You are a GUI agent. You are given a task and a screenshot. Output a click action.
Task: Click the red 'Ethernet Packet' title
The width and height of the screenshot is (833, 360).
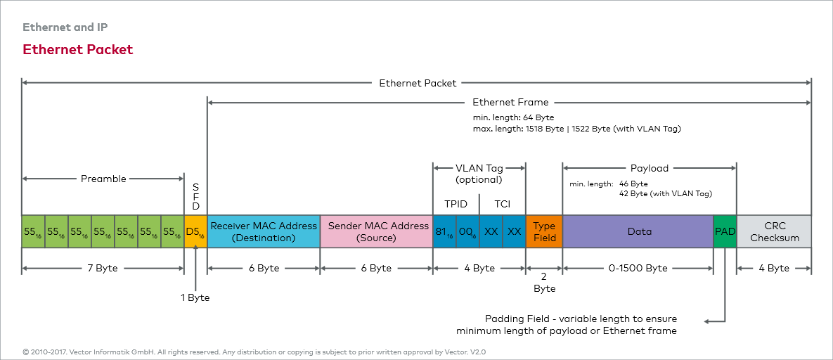coord(77,49)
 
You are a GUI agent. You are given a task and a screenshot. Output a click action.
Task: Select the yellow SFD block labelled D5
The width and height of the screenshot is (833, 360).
coord(195,231)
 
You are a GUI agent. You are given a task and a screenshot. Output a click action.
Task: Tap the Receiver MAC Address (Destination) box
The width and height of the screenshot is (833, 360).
coord(264,231)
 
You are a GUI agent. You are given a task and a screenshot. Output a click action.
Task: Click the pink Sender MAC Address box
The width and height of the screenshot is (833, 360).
coord(377,231)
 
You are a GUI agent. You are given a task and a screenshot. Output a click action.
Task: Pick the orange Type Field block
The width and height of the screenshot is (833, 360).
coord(544,231)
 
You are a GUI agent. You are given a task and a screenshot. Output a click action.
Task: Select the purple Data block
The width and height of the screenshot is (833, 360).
coord(639,231)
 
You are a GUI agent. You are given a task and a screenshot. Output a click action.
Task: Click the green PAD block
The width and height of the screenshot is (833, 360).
coord(725,231)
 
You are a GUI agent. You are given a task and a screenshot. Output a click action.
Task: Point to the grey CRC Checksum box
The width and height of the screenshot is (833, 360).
coord(774,231)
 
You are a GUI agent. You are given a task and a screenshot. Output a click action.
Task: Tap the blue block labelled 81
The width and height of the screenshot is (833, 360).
coord(444,231)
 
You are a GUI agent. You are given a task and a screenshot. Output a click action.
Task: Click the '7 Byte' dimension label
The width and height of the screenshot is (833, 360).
coord(103,268)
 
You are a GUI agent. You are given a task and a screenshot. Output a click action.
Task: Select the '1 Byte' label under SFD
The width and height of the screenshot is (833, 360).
coord(195,297)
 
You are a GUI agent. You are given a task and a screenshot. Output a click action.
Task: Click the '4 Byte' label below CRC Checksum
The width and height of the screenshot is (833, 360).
coord(773,268)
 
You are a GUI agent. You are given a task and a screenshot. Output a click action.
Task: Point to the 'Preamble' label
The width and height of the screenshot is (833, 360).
coord(103,179)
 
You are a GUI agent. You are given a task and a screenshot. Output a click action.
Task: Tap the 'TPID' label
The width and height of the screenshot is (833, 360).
coord(456,204)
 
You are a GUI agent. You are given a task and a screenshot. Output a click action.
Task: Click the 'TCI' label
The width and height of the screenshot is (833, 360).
coord(502,204)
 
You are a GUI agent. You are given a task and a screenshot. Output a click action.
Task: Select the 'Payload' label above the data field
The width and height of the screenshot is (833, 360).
coord(649,168)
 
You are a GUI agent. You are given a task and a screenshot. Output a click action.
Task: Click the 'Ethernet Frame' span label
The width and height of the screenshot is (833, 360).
coord(510,102)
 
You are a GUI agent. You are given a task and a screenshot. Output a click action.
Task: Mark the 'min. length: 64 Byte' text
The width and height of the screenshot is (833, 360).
coord(513,117)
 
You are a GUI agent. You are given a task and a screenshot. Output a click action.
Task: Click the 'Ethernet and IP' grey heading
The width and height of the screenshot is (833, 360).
coord(65,27)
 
